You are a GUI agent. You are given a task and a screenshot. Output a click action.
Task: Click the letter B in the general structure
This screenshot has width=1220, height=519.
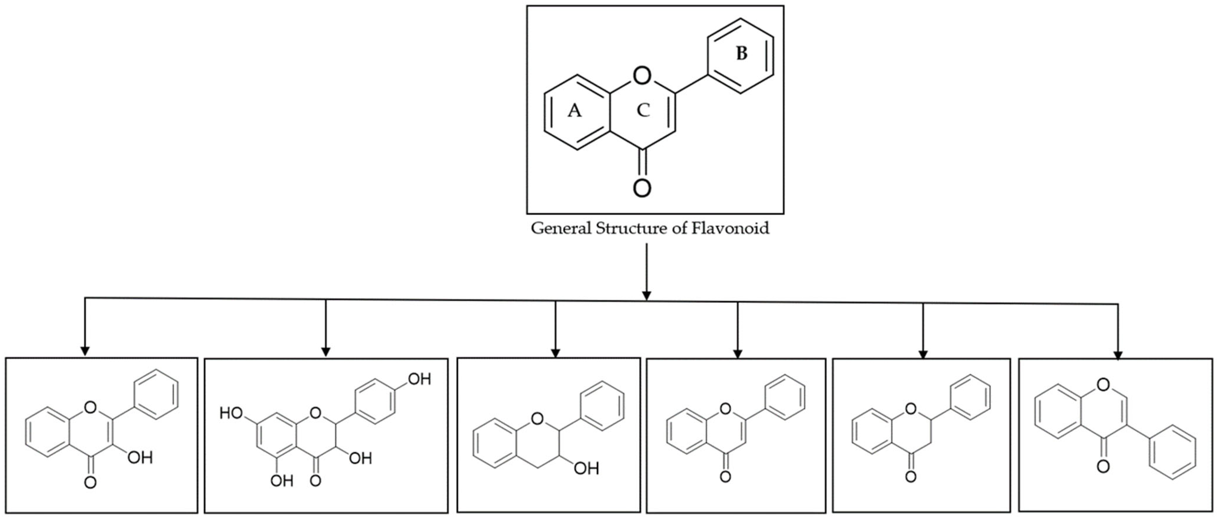point(741,54)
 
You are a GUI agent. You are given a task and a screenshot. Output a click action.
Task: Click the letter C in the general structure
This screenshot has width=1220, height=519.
point(643,110)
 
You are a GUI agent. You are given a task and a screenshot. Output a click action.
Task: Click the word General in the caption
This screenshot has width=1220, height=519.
point(561,228)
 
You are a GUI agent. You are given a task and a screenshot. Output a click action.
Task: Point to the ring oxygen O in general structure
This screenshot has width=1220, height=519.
point(642,75)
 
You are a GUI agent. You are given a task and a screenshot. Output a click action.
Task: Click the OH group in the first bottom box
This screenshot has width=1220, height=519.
point(140,457)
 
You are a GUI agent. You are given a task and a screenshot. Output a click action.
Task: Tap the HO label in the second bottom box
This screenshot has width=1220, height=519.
point(231,414)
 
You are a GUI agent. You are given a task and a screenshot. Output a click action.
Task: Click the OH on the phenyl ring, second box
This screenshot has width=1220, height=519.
point(419,379)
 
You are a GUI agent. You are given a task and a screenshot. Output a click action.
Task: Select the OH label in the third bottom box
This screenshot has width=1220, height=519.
point(586,468)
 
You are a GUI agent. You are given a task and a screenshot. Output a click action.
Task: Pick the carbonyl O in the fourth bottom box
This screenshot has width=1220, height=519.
point(725,476)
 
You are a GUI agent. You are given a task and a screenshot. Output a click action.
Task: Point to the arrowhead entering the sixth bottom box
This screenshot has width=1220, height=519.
point(1118,356)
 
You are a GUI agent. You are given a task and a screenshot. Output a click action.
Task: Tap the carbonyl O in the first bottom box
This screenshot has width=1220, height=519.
point(90,483)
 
